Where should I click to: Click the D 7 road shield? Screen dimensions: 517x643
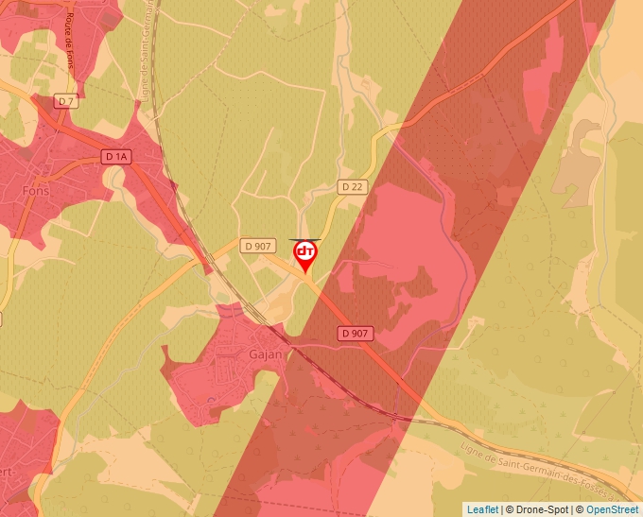[x=65, y=101]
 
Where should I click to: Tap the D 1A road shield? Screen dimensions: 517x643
[x=116, y=157]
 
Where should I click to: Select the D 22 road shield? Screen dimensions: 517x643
[x=351, y=187]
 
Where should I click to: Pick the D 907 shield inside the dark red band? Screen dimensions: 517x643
[x=355, y=333]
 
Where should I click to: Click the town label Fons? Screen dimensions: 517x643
[x=34, y=188]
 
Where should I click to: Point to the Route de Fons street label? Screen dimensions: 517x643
[x=71, y=42]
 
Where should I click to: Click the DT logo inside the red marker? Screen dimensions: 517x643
[x=305, y=252]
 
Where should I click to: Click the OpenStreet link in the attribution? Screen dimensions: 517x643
[x=613, y=509]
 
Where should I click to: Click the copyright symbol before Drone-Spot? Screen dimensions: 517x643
[x=511, y=509]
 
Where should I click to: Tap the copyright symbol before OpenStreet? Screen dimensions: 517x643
[x=581, y=509]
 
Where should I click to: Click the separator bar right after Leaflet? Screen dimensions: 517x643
[x=503, y=509]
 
